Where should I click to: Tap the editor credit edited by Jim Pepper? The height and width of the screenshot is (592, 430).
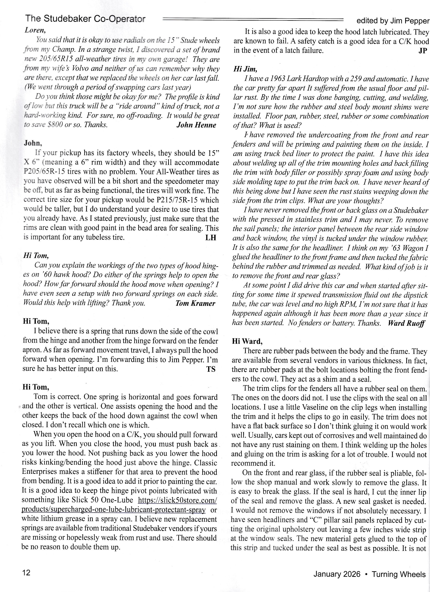(x=393, y=21)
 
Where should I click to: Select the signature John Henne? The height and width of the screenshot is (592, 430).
(x=196, y=125)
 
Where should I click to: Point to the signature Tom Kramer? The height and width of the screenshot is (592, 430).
(x=195, y=303)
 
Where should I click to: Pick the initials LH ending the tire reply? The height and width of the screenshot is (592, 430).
(x=211, y=237)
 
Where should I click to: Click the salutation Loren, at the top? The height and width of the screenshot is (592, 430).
(x=35, y=30)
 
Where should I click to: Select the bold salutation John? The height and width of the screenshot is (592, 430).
(x=33, y=143)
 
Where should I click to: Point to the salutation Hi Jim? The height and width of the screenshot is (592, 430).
(x=245, y=69)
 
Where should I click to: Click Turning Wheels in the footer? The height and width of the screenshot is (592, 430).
(x=398, y=574)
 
